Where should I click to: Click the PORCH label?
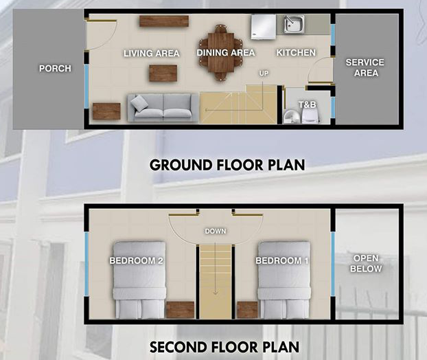pos(55,68)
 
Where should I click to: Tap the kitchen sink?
pos(295,24)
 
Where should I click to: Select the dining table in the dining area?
pos(221,53)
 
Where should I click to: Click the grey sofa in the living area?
pos(163,108)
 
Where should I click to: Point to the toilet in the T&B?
pos(310,115)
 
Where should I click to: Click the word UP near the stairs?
pos(264,73)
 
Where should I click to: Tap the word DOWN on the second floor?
pos(216,231)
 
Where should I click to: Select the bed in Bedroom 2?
pos(139,280)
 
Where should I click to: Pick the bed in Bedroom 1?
pos(284,280)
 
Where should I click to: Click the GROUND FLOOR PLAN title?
pos(227,165)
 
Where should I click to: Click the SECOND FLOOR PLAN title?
pos(224,347)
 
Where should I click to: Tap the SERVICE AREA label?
pos(365,67)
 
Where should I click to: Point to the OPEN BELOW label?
pos(366,263)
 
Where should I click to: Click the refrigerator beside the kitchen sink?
pos(263,27)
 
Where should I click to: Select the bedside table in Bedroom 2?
pos(180,310)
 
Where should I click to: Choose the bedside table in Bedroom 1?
pos(247,310)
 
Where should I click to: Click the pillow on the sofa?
pos(139,104)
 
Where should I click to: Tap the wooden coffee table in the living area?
pos(163,73)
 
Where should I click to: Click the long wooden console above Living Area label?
pos(164,21)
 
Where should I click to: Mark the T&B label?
pos(307,104)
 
